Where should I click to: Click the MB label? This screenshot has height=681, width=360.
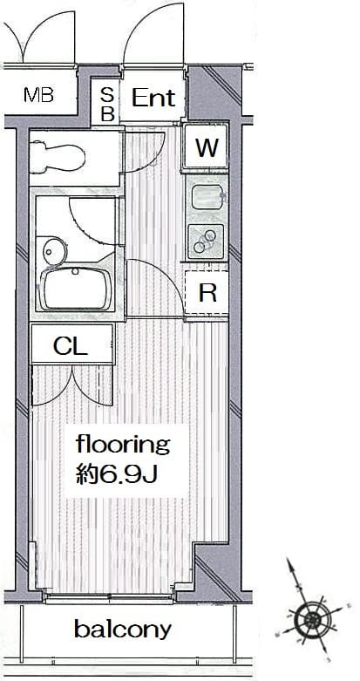click(38, 95)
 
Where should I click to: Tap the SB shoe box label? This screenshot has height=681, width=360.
click(107, 104)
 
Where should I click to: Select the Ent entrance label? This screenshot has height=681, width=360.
click(153, 98)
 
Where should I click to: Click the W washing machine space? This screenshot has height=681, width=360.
click(206, 146)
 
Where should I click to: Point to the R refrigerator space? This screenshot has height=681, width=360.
click(207, 293)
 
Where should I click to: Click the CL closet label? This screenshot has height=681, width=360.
click(71, 346)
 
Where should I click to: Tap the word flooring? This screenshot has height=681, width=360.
click(122, 446)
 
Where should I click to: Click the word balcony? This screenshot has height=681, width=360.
click(123, 630)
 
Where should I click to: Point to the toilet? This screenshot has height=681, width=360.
click(58, 155)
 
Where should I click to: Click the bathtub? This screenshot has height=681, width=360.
click(76, 288)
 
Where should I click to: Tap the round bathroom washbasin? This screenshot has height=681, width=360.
click(55, 250)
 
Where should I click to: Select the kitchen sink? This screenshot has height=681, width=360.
click(207, 197)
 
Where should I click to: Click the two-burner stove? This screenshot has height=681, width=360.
click(206, 242)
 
